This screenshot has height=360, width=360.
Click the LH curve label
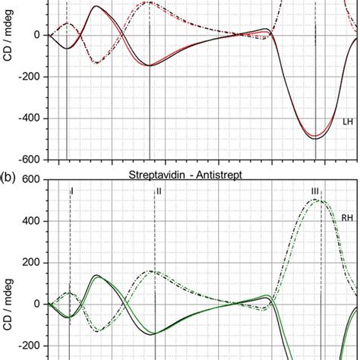pyautogui.click(x=347, y=122)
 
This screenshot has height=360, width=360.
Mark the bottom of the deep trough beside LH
pyautogui.click(x=315, y=138)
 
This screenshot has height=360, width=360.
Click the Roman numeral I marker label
pyautogui.click(x=71, y=191)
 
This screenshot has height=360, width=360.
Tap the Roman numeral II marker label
pyautogui.click(x=159, y=191)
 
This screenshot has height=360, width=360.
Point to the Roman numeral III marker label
pyautogui.click(x=315, y=191)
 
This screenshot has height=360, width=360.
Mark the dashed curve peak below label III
pyautogui.click(x=317, y=200)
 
